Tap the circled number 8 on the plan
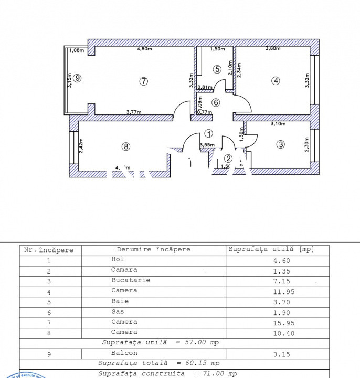point(125,146)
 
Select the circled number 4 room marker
point(275,81)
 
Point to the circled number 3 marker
point(281,144)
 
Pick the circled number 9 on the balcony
point(77,78)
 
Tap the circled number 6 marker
point(216,103)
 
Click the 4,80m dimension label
point(144,49)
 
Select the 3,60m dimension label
point(273,49)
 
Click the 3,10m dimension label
point(279,124)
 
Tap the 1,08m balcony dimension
point(77,50)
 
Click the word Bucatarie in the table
point(131,280)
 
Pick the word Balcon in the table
point(124,354)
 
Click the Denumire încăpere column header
point(153,250)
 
